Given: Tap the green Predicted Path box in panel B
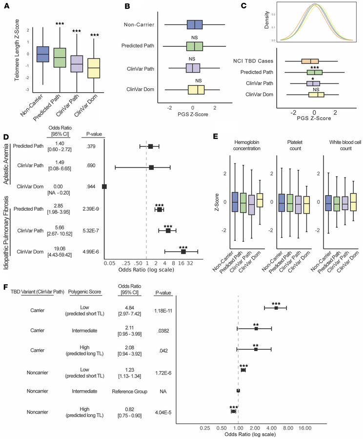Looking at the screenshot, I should (194, 46).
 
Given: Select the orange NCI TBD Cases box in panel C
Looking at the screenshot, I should (310, 61).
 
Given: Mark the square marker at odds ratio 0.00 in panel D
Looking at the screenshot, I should (104, 186).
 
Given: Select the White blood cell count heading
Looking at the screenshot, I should (340, 145).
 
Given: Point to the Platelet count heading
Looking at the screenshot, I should (294, 145).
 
